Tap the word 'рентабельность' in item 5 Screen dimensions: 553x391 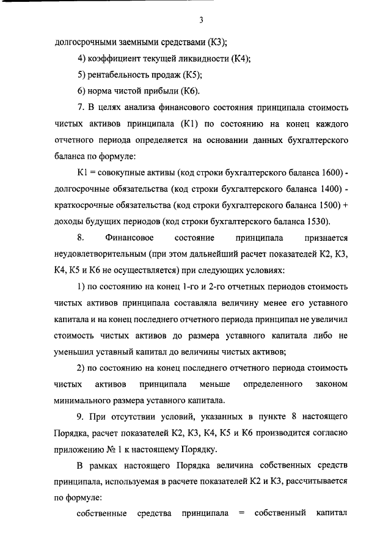(x=117, y=75)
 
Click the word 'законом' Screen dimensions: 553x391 (x=333, y=384)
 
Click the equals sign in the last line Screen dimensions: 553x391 (x=241, y=514)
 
